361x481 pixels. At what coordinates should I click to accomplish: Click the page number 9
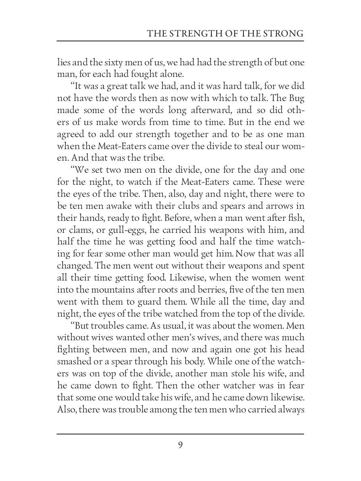coord(180,445)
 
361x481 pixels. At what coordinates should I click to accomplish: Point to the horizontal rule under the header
coord(180,41)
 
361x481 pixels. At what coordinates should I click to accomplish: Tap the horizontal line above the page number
coord(180,434)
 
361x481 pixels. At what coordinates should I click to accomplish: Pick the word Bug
coord(296,99)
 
